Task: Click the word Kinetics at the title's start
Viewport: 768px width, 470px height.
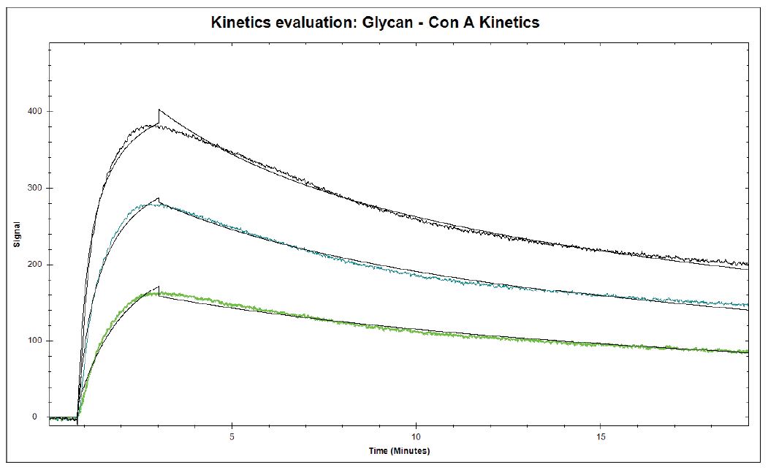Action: (240, 23)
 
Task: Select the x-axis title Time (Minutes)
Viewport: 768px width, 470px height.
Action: (399, 450)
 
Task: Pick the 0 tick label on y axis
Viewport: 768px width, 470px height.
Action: (34, 417)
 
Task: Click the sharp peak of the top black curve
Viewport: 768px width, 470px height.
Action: (159, 110)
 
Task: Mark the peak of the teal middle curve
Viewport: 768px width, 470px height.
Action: (158, 200)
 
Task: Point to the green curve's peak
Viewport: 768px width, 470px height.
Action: (158, 288)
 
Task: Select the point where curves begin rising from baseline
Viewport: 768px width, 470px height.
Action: (77, 419)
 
